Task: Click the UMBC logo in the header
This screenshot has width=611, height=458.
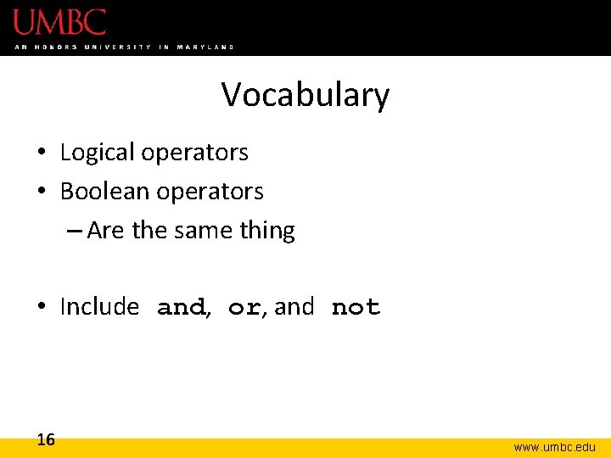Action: [59, 22]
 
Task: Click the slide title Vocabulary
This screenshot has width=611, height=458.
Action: [305, 95]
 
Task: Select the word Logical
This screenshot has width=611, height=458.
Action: [97, 153]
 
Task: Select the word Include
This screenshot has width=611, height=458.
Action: [99, 307]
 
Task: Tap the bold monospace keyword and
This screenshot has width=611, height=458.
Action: [182, 308]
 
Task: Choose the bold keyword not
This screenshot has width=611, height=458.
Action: [356, 308]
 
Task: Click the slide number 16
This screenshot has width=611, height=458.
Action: [46, 439]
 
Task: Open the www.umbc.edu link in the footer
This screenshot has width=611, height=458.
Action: [554, 447]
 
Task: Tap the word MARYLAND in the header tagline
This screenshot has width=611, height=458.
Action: [205, 47]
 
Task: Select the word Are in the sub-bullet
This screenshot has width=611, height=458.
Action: [104, 231]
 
